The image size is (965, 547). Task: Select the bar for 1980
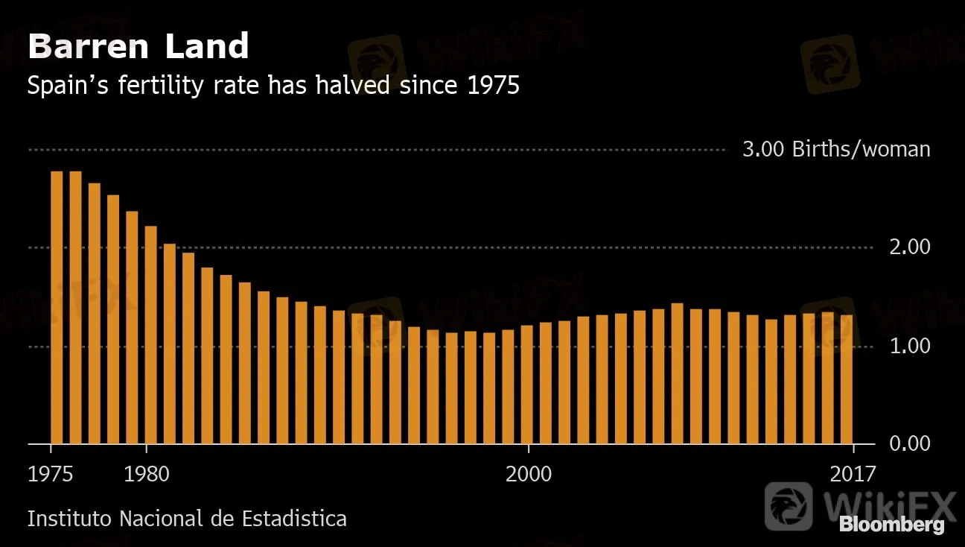[x=150, y=335]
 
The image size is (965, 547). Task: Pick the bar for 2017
[x=847, y=379]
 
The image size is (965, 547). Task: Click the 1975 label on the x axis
[x=51, y=474]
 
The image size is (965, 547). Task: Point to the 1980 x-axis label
[x=147, y=474]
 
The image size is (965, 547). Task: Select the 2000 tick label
[x=529, y=474]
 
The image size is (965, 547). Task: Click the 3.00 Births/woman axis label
[x=836, y=150]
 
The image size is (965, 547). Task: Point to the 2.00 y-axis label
[x=910, y=247]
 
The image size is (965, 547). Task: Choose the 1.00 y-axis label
[x=910, y=346]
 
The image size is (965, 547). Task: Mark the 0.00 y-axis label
[x=910, y=444]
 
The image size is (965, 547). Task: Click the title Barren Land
[x=138, y=48]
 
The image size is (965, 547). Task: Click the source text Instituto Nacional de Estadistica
[x=187, y=519]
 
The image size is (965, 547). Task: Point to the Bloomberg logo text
[x=892, y=525]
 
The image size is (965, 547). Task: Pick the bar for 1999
[x=508, y=387]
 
